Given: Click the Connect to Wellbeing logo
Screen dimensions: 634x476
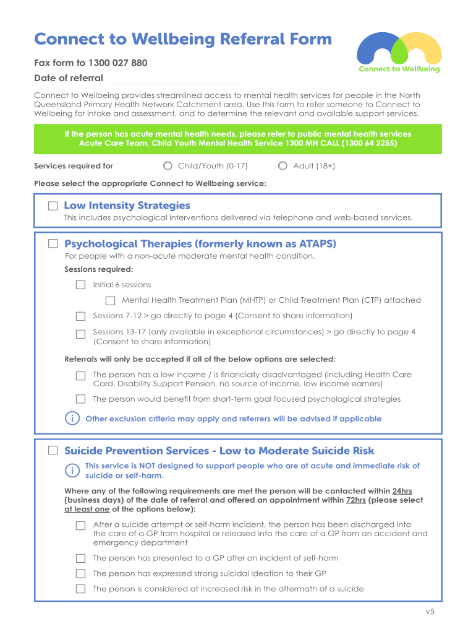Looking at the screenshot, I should (399, 52).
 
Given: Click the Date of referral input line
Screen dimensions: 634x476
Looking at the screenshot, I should (174, 79).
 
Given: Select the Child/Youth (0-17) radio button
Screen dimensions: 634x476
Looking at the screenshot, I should (168, 166).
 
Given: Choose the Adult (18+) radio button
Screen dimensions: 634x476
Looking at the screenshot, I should (283, 166).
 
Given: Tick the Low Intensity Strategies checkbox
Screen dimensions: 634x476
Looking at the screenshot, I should (53, 206).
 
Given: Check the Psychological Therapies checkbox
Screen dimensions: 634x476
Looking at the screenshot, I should (53, 244).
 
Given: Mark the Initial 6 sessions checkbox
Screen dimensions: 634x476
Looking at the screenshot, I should (80, 285).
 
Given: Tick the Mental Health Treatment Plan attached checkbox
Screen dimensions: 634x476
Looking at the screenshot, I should (110, 300).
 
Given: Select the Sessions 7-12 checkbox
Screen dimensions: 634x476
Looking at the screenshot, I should (80, 316).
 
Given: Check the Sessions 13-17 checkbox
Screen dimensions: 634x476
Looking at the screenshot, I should (80, 334).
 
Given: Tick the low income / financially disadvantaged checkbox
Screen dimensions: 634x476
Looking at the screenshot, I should (80, 376).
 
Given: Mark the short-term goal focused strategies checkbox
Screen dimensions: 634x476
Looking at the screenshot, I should (80, 399).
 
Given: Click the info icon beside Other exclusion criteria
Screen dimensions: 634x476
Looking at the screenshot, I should (72, 419).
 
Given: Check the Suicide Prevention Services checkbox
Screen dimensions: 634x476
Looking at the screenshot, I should (53, 451).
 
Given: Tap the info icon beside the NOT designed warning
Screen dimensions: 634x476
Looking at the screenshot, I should (72, 471).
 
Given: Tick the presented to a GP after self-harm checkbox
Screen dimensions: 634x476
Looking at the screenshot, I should (80, 558).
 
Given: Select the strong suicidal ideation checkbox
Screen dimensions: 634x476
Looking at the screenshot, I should (80, 573).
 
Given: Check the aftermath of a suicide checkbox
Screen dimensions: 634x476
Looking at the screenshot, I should (80, 589).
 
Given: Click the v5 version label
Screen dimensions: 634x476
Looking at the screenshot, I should (430, 612).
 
